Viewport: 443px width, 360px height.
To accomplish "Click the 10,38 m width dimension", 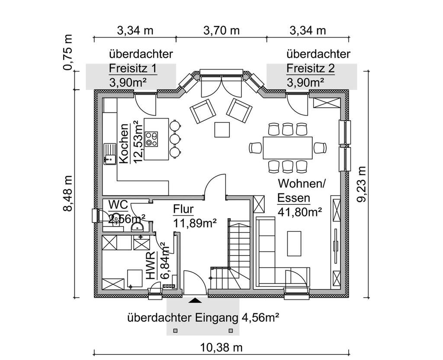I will click(x=221, y=347).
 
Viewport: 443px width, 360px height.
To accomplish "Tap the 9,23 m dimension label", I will click(x=363, y=183).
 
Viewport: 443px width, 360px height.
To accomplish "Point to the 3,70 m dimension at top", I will click(x=221, y=31).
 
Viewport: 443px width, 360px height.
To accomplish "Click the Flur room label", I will click(x=183, y=209).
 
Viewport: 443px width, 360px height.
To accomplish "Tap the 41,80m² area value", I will click(x=300, y=212).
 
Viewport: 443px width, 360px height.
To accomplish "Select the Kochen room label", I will click(x=124, y=144).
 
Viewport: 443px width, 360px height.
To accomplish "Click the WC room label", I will click(x=117, y=204).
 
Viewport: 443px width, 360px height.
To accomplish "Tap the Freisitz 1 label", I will click(x=132, y=69).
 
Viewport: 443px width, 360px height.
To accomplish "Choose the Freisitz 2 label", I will click(x=310, y=69).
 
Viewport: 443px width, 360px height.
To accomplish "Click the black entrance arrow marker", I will click(x=196, y=299).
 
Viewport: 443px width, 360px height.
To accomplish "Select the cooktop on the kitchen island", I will click(x=151, y=138).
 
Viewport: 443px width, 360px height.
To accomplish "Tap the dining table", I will click(x=287, y=148).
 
